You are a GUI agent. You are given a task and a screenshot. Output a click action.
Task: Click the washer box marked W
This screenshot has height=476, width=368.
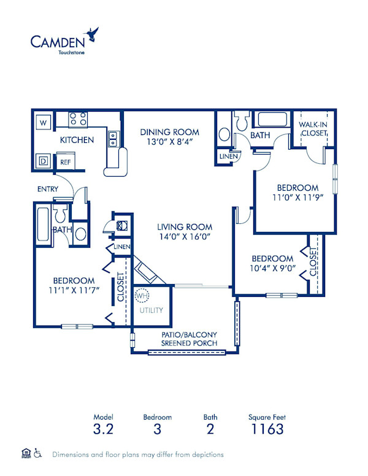point(42,123)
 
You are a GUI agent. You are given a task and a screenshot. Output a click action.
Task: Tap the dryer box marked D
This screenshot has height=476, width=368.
point(42,161)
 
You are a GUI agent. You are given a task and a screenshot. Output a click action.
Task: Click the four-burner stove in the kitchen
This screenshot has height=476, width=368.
point(77,118)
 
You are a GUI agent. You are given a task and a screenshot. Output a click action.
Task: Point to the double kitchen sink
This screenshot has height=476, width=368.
point(113,139)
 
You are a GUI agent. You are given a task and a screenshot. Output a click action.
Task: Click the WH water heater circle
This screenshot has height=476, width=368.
point(142,296)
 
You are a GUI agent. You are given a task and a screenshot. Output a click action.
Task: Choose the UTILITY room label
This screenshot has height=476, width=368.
point(151,310)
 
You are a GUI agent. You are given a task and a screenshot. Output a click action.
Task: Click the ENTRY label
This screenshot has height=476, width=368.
point(47,189)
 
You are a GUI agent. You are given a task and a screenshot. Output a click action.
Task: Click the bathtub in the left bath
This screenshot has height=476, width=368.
point(42,225)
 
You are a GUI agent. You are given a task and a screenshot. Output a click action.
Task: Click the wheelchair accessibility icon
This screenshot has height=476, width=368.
point(37,455)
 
